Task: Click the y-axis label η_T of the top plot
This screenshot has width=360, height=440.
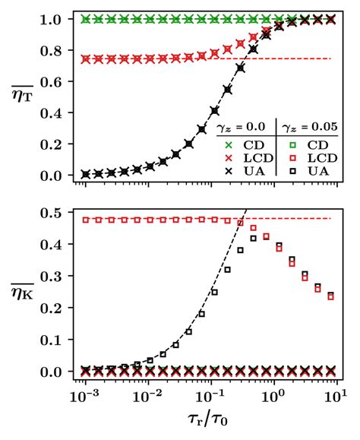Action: tap(19, 97)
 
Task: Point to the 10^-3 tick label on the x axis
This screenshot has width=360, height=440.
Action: tap(84, 397)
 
